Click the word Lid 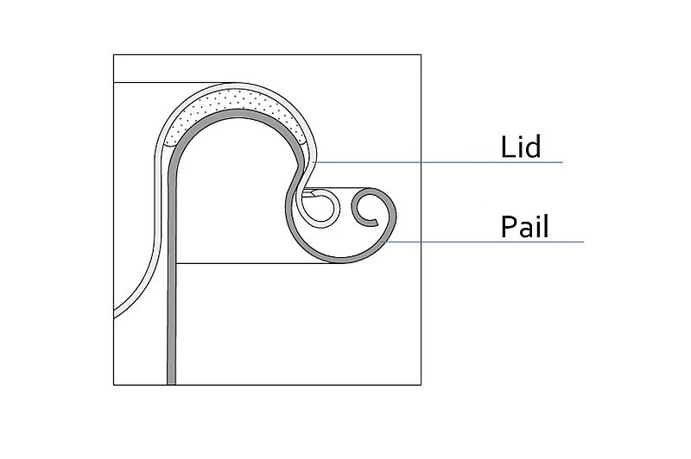point(521,147)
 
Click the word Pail point(524,227)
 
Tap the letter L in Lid point(507,147)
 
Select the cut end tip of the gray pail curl point(376,223)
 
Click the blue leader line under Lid point(439,162)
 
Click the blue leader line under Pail point(484,242)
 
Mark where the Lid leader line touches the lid point(314,162)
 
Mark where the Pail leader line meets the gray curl point(384,242)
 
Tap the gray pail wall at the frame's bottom point(171,382)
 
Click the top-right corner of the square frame point(421,55)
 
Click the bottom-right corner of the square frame point(421,385)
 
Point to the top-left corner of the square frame point(114,55)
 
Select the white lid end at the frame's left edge point(114,313)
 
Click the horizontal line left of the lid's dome point(172,82)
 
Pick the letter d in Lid point(532,147)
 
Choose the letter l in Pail point(546,226)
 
